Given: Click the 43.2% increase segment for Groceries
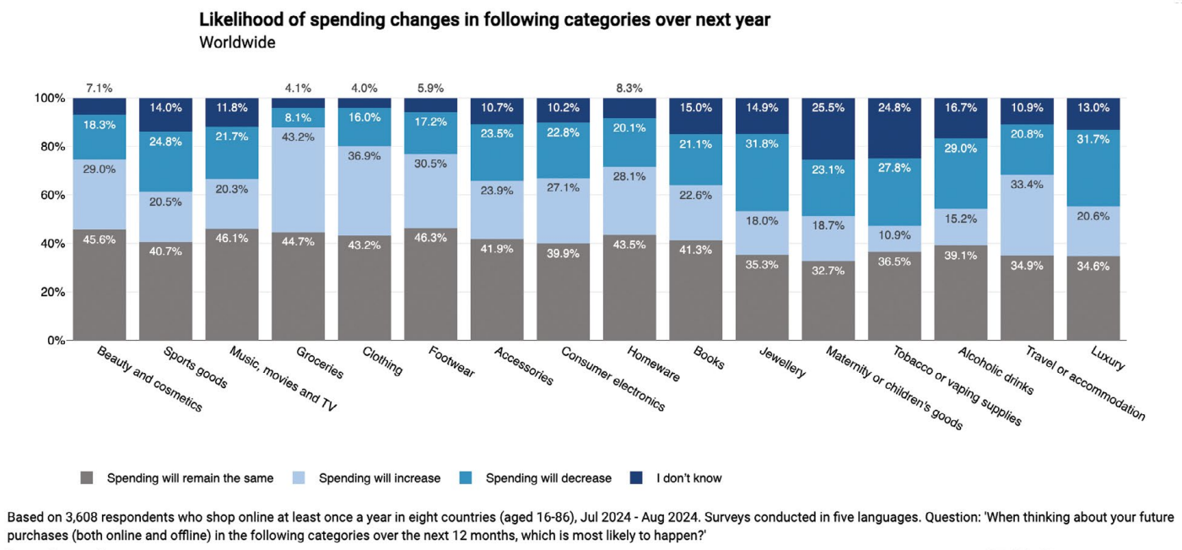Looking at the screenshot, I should coord(298,181).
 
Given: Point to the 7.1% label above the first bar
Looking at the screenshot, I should coord(99,88).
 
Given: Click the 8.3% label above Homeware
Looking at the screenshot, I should coord(629,88).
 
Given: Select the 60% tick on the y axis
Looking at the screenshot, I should coord(52,195).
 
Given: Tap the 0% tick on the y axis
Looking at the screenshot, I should coord(56,341).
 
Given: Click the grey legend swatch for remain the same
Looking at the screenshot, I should coord(87,478).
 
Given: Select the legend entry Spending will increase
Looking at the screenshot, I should coord(379,478).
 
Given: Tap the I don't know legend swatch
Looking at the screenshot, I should coord(637,478).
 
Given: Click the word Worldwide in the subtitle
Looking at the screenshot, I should coord(237,42).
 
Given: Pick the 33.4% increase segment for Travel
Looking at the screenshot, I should coord(1026,215).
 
